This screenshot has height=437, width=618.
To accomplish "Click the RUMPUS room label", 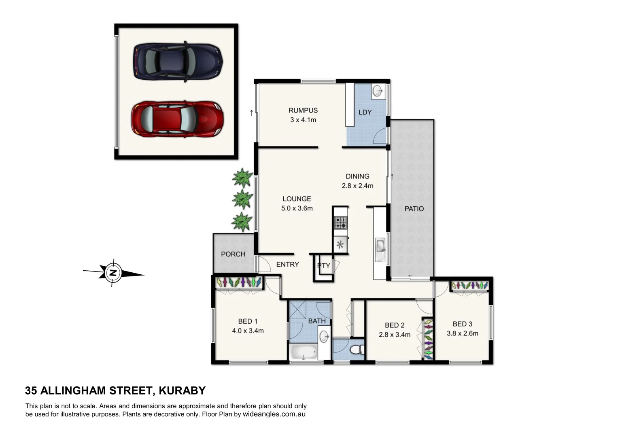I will [303, 110].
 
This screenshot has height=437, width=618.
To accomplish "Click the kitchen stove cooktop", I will [340, 223].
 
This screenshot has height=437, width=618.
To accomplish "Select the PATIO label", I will [414, 209].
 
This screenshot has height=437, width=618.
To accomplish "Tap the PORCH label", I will [233, 254].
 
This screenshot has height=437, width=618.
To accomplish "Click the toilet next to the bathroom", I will [356, 349].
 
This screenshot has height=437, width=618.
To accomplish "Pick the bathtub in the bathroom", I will [304, 352].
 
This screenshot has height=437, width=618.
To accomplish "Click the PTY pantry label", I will [324, 266].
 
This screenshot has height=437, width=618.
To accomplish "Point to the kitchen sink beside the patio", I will [380, 246].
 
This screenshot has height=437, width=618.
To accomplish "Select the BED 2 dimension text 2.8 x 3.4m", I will [395, 335].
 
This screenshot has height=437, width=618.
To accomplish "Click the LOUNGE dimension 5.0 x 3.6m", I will [297, 208].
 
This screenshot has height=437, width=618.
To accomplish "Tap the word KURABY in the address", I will [182, 390].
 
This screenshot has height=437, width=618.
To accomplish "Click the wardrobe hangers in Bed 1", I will [238, 282].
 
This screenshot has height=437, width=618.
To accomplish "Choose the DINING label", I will [357, 176].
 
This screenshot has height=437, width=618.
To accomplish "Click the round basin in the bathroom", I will [324, 336].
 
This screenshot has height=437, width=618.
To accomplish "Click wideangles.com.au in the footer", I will [274, 414].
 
